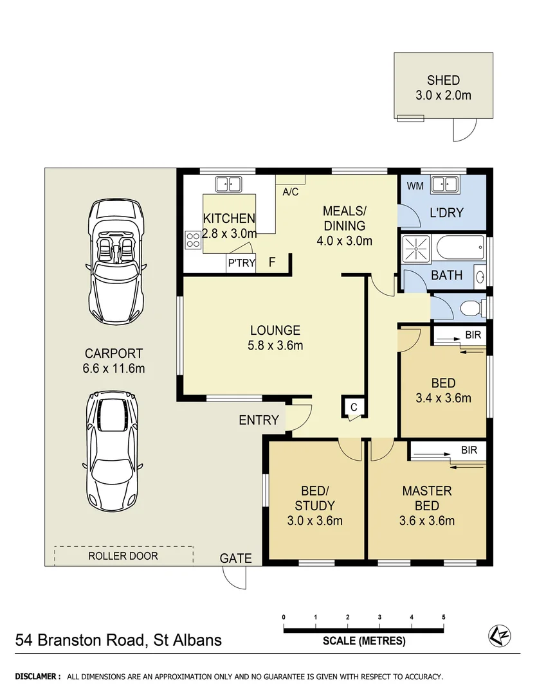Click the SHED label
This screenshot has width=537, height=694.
(443, 80)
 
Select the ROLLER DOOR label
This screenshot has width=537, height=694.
(123, 556)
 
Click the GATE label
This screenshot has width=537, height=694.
(236, 558)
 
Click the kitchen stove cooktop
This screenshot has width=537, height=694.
(192, 240)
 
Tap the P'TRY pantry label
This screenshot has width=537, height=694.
(241, 263)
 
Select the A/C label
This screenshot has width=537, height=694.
(290, 191)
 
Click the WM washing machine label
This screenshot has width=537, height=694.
(414, 186)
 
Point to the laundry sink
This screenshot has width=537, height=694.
(443, 184)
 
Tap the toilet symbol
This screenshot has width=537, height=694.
(472, 308)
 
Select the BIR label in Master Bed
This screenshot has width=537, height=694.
(469, 450)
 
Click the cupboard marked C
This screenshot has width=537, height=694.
(353, 407)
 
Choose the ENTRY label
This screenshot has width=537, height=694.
(259, 420)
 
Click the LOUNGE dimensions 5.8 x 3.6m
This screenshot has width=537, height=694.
(275, 345)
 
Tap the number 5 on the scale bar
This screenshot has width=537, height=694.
(443, 618)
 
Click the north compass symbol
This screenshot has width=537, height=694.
(499, 635)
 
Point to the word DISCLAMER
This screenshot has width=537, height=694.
(38, 677)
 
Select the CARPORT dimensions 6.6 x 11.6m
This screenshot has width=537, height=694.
(114, 368)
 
